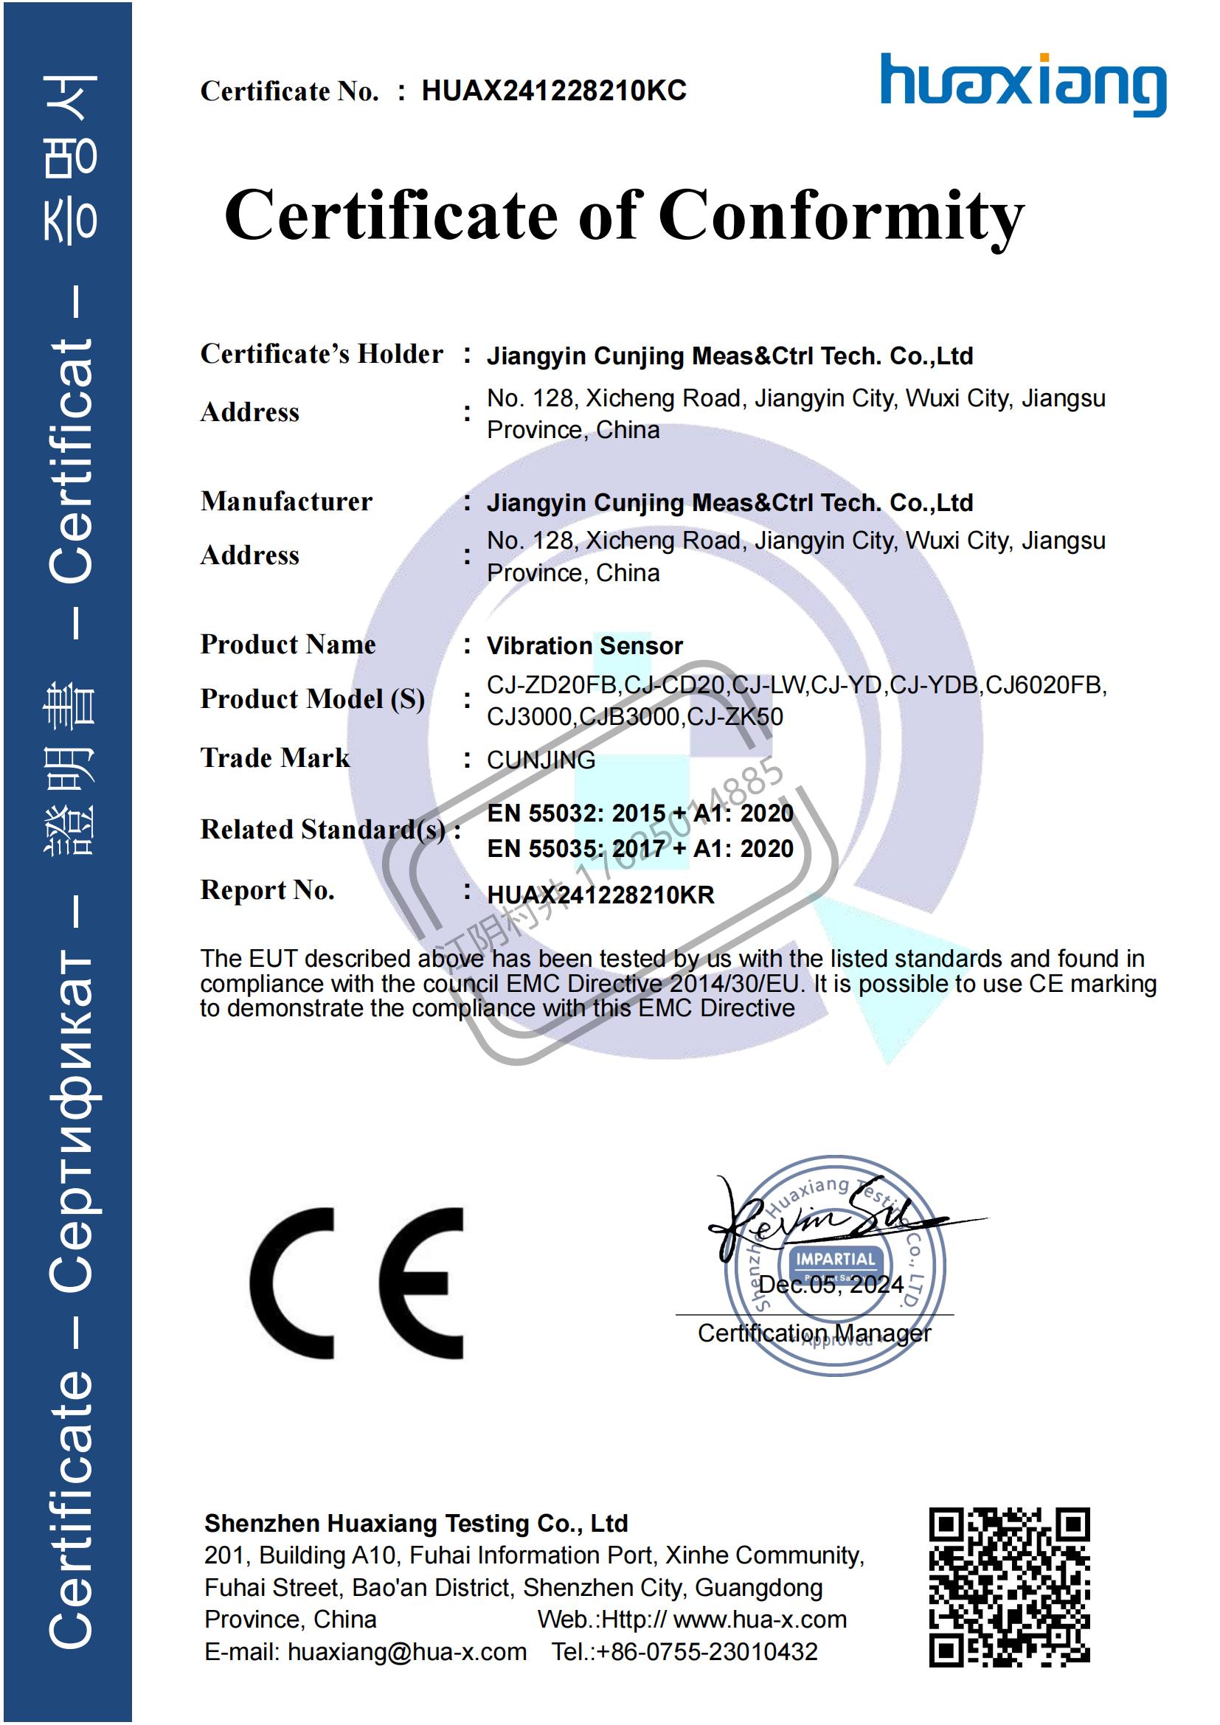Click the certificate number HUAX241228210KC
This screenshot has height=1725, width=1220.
[x=554, y=91]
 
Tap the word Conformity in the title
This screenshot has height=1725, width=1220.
[x=842, y=216]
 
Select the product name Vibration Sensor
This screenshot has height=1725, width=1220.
[x=584, y=646]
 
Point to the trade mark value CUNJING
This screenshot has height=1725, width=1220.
[x=541, y=760]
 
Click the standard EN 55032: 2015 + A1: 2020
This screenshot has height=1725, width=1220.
[x=640, y=813]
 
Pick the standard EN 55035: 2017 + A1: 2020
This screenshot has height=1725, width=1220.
[x=640, y=849]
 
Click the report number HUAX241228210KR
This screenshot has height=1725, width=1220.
[x=600, y=895]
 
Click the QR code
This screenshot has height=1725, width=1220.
[x=1009, y=1588]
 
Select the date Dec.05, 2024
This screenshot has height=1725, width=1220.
[x=830, y=1285]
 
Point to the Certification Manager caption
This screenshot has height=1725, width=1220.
[x=814, y=1333]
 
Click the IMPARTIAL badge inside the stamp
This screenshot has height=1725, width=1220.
[x=836, y=1259]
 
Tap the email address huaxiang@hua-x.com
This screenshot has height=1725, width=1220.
[x=406, y=1652]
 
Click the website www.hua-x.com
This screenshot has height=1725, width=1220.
[x=760, y=1619]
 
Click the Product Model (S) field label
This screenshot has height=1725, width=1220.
[x=313, y=699]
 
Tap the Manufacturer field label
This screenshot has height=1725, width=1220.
[x=286, y=502]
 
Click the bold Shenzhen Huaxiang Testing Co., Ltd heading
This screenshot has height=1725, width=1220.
[x=415, y=1523]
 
